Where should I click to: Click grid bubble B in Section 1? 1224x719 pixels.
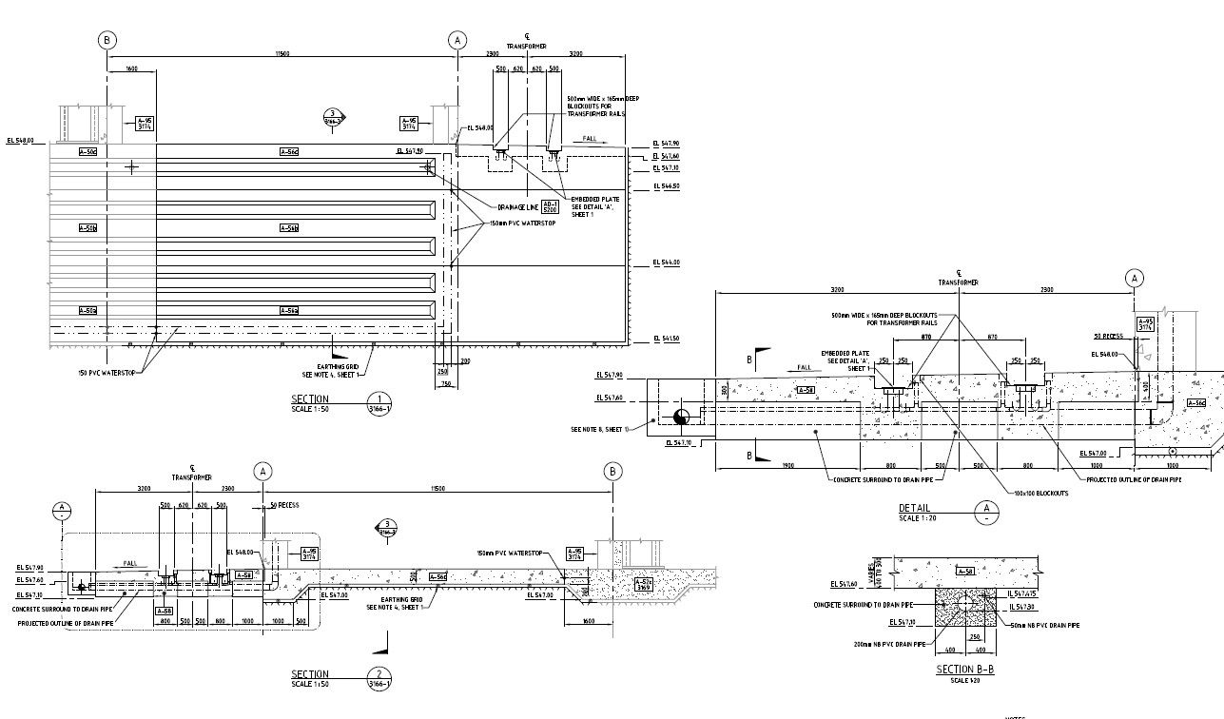107,40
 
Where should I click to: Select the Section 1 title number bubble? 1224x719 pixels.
379,401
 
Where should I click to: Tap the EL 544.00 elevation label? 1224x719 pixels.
666,262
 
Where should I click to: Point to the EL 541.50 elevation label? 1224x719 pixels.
666,340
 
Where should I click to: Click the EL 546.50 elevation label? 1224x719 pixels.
666,186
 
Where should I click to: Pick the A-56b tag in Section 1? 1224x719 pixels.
289,228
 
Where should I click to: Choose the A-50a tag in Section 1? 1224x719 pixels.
87,311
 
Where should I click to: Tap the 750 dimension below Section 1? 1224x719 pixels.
445,383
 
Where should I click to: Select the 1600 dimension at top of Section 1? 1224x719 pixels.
131,68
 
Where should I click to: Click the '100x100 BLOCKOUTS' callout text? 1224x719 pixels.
1039,493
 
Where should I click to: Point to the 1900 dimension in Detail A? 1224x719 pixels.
787,466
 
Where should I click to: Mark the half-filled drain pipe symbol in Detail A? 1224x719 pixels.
680,417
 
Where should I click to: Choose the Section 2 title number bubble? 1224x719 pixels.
379,677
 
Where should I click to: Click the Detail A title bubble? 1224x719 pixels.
988,513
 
